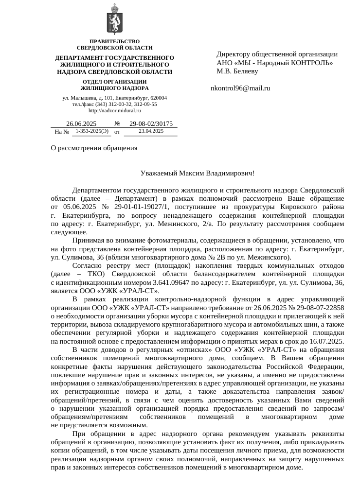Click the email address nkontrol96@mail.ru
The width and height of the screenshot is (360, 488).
(240, 88)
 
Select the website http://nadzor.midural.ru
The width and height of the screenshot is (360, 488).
(115, 110)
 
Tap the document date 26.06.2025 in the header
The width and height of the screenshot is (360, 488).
(81, 123)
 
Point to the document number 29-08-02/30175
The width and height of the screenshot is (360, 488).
(151, 123)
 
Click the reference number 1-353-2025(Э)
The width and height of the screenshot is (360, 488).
(92, 131)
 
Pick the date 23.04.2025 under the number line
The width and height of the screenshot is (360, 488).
(151, 131)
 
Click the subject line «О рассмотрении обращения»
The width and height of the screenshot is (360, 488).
(94, 148)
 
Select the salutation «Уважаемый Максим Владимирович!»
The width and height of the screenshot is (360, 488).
(197, 173)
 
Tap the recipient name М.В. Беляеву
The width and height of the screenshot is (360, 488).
(237, 71)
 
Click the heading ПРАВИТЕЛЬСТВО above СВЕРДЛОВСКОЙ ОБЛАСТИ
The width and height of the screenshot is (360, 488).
(115, 41)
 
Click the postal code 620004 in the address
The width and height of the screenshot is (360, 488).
(157, 98)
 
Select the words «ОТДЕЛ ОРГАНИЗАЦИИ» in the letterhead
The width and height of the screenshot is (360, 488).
(115, 81)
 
